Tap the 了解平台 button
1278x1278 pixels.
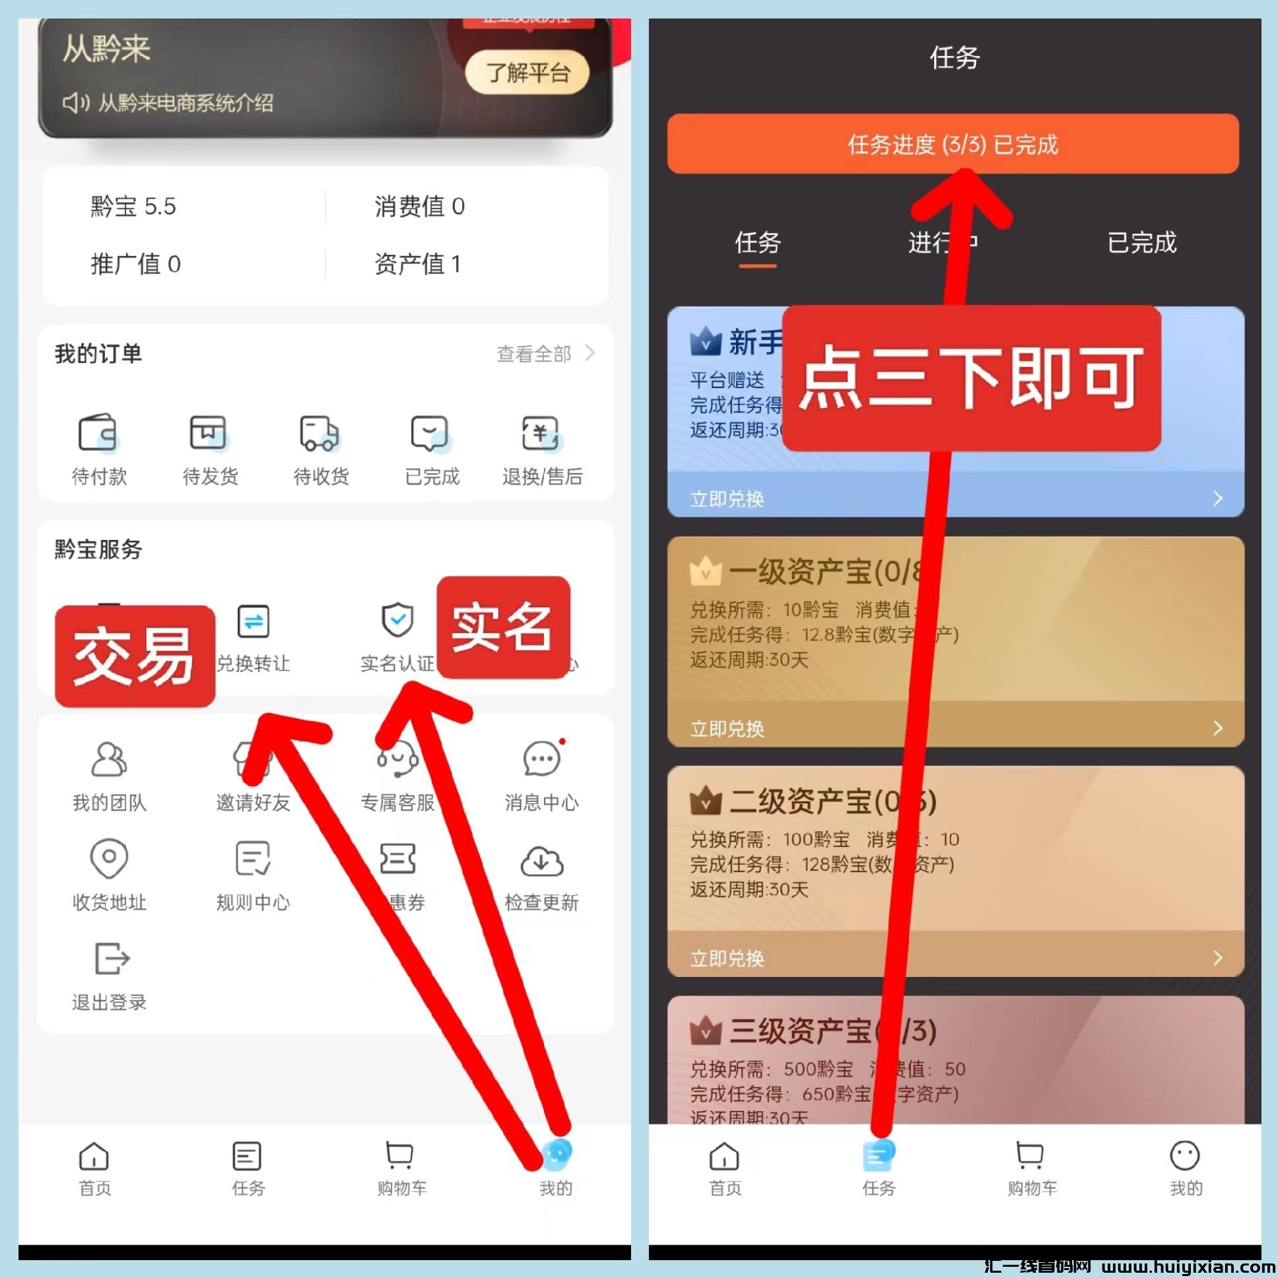point(527,72)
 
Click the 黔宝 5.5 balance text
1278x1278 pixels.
point(133,207)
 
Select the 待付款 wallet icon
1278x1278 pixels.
point(98,433)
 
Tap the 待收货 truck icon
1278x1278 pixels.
point(319,433)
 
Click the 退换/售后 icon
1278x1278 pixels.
point(541,433)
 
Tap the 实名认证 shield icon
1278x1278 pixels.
point(397,620)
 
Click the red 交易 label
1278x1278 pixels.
point(135,656)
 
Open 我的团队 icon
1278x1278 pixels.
point(109,758)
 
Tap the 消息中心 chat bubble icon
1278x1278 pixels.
point(541,758)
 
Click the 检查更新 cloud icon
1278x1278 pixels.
point(541,860)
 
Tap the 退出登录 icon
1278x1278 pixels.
point(111,959)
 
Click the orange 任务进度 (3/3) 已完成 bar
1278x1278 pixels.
point(953,143)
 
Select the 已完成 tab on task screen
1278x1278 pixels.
point(1142,243)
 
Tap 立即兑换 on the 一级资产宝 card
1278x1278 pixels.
point(727,728)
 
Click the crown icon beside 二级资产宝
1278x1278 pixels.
point(705,802)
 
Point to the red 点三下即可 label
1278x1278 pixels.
point(971,378)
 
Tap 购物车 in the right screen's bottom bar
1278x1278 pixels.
point(1031,1168)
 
